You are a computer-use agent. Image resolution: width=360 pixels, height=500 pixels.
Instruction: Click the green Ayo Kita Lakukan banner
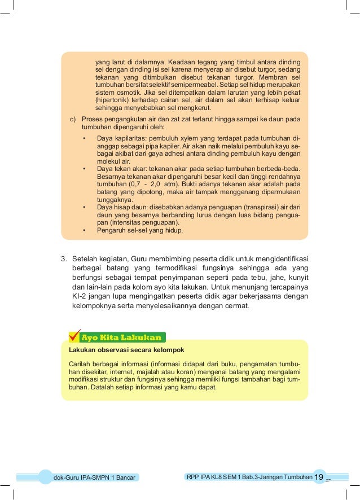121,338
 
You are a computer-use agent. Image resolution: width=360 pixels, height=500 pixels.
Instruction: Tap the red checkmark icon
74,335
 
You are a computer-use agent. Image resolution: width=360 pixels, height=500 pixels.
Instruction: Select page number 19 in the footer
319,477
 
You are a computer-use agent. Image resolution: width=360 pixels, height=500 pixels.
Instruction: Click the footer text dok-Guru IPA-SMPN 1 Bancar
94,478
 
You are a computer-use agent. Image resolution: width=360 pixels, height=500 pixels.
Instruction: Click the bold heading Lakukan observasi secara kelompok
126,350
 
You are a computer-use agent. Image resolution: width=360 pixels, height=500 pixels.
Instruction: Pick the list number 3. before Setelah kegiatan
64,260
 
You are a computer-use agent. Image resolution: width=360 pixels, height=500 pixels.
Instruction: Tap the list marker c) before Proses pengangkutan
73,120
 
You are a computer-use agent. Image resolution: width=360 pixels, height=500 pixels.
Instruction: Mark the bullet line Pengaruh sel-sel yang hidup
140,230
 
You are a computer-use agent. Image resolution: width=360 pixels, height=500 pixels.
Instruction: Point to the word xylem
193,138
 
